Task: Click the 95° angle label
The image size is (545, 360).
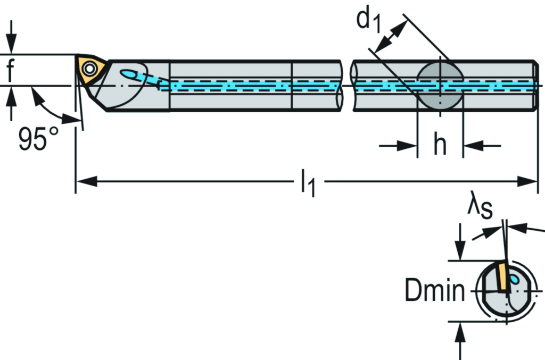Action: (x=39, y=139)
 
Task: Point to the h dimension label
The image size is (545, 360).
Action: (x=440, y=145)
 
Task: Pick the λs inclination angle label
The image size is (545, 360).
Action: (x=480, y=207)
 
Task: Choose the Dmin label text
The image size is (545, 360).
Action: (x=434, y=291)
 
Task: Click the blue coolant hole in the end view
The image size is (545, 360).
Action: (x=514, y=279)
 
